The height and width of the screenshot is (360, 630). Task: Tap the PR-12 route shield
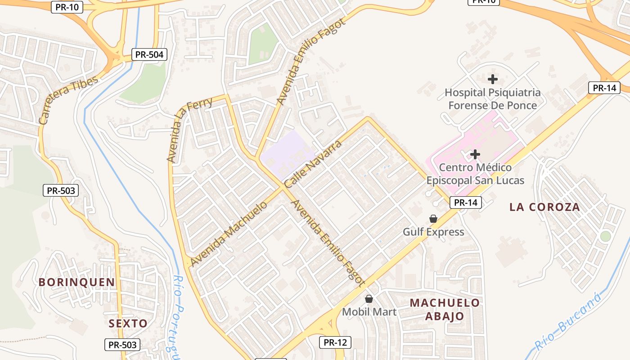click(335, 342)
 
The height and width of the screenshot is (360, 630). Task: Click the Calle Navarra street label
click(313, 164)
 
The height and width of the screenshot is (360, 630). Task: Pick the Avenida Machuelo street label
click(229, 234)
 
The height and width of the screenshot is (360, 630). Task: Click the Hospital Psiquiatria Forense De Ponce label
click(493, 99)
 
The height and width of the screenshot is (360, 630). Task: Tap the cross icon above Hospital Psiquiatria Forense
click(493, 79)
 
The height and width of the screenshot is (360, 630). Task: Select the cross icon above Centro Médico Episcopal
click(475, 155)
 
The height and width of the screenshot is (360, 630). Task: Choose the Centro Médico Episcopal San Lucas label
click(475, 174)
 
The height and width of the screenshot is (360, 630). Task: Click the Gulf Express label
click(433, 232)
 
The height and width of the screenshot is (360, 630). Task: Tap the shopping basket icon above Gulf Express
click(433, 219)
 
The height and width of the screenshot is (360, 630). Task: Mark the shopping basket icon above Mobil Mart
click(369, 299)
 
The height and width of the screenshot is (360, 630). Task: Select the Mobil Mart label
click(369, 312)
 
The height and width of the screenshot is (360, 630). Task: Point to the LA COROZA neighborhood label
click(544, 207)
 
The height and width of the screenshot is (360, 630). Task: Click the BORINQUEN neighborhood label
click(76, 282)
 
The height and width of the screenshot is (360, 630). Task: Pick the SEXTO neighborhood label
click(128, 323)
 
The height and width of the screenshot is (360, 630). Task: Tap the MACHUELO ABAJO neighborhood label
click(445, 309)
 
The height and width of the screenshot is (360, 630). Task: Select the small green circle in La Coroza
click(606, 236)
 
